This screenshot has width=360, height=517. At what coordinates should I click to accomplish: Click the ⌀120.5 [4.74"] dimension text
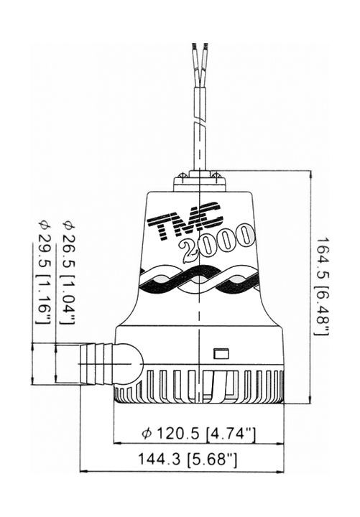200,434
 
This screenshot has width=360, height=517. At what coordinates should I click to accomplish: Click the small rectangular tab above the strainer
221,353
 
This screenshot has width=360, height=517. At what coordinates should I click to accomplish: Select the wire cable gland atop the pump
199,177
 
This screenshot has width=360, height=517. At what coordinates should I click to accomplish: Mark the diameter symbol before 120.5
147,434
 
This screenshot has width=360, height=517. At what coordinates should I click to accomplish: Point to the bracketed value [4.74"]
231,434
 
